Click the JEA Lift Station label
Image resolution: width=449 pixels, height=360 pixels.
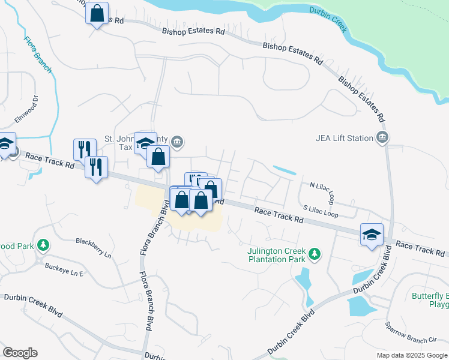pos(345,138)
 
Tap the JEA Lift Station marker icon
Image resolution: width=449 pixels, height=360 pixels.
pos(381,139)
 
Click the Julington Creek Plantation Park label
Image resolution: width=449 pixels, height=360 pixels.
pos(277,256)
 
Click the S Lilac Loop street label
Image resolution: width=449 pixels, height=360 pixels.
pos(321,211)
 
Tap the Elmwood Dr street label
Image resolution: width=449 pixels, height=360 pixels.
pos(26,109)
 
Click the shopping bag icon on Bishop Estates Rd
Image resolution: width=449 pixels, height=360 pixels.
pos(97,13)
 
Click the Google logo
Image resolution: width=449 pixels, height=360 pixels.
pos(20,353)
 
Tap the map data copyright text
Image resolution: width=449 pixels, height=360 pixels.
pos(412,355)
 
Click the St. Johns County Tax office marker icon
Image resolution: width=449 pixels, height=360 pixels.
pos(177,142)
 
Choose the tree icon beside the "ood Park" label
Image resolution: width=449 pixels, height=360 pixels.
pos(43,245)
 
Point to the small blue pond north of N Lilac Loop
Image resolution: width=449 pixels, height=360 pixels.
pos(285,170)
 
